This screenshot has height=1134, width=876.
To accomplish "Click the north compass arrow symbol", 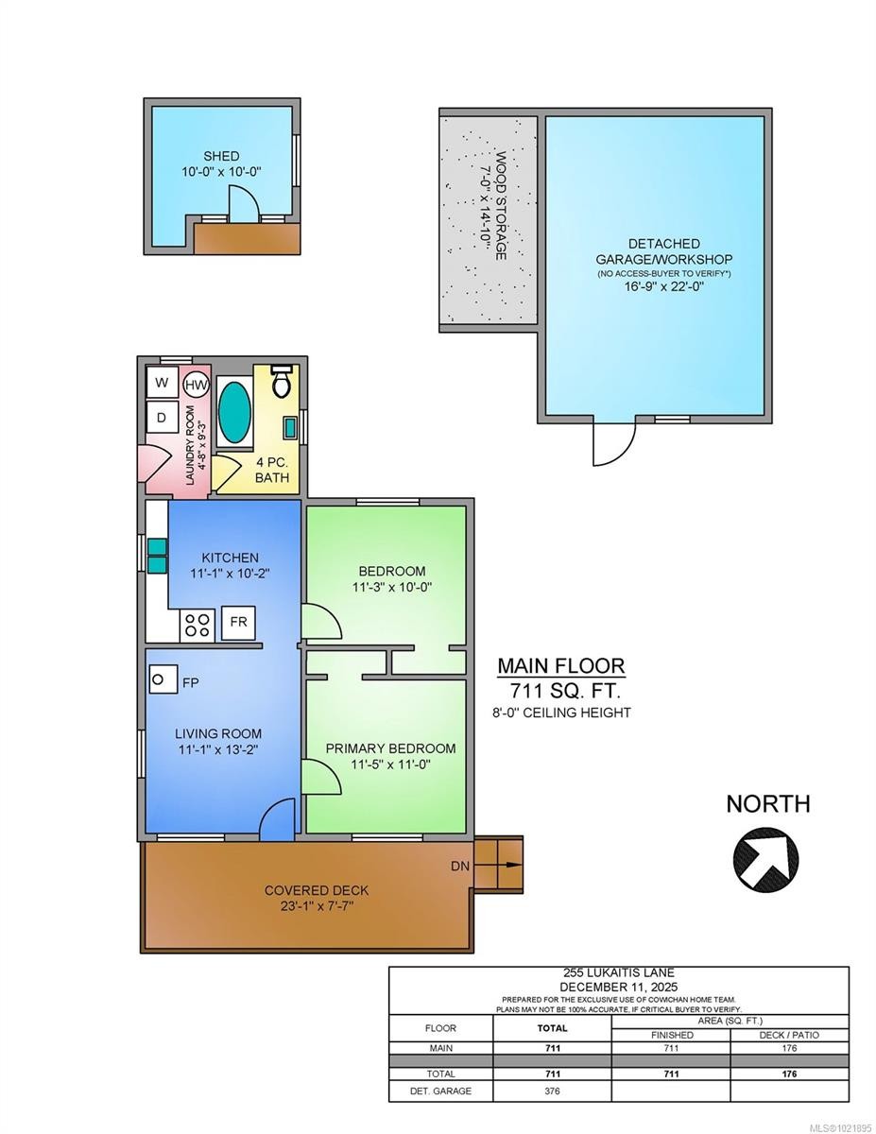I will pos(765,858).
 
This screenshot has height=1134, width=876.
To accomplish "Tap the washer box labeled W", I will pos(162,383).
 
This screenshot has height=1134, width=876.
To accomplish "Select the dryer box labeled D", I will pos(162,417).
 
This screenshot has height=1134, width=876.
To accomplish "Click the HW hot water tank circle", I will pos(196,385).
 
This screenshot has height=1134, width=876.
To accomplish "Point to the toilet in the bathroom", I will pos(281,381).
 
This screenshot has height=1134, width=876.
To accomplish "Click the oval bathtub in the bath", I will pos(235,411).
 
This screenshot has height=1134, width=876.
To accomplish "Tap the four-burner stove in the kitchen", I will pos(198,624).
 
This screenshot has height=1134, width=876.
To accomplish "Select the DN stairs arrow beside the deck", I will pos(498,864).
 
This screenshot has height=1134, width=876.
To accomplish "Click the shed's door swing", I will pos(242,202).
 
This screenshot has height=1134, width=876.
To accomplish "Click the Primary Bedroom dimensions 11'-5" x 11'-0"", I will pos(390,765).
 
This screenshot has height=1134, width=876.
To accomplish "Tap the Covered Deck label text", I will pos(317,890).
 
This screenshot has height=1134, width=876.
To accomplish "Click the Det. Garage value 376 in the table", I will pos(553,1091).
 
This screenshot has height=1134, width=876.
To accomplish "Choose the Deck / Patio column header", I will pos(788,1035).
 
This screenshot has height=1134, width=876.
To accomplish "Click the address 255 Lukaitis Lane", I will pos(618,973).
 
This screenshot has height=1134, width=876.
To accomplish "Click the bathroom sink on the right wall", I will pos(290,426).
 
